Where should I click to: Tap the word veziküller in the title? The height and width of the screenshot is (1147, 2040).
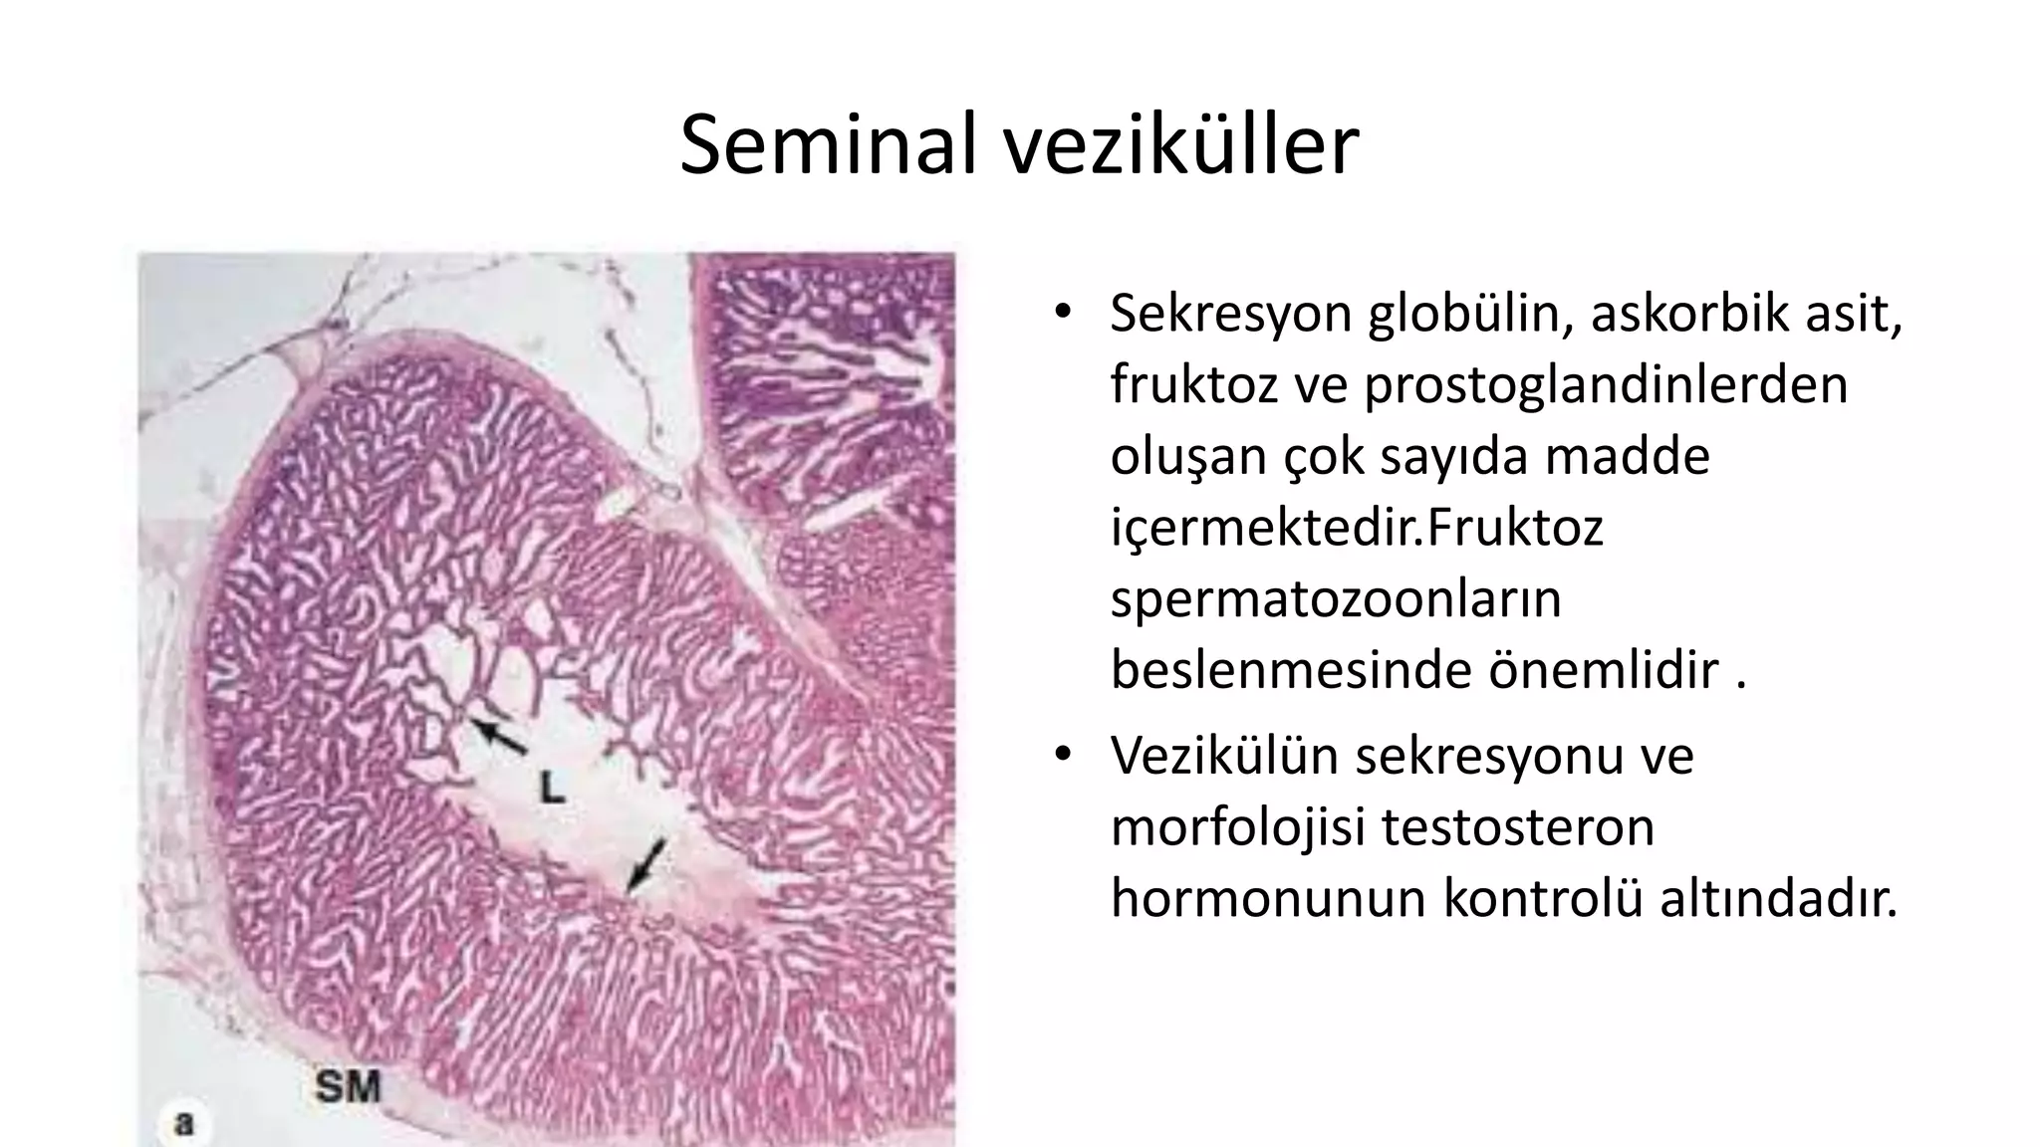point(1179,146)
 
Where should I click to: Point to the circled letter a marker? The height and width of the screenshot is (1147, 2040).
point(183,1124)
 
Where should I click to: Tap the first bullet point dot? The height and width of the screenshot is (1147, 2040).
point(1063,312)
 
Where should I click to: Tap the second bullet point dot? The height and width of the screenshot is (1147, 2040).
point(1063,754)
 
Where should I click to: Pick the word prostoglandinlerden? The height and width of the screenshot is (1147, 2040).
point(1605,384)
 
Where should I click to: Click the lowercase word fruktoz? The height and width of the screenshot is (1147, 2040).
point(1192,384)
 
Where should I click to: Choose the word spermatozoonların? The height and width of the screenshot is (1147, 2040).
point(1335,599)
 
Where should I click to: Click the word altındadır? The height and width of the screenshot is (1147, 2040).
point(1778,898)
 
